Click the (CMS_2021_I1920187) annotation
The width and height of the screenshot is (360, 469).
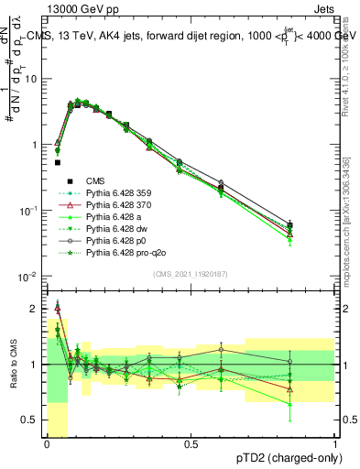(x=191, y=272)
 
